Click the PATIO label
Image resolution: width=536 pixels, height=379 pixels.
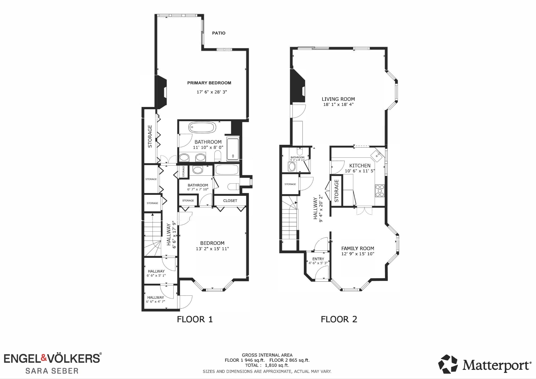219,33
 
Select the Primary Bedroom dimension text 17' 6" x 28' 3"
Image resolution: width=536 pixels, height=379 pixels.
212,92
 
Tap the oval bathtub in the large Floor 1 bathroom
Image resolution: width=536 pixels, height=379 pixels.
202,128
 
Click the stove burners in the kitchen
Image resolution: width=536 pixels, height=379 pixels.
380,191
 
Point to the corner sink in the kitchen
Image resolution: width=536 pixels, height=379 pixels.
377,155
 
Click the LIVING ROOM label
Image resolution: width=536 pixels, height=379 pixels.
338,99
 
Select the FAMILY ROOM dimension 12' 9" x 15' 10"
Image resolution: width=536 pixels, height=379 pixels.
358,254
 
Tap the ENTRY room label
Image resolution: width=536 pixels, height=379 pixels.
318,259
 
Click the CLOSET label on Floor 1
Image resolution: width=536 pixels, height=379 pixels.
230,201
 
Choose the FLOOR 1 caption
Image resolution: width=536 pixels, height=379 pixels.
195,319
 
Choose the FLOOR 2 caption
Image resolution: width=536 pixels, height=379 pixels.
339,319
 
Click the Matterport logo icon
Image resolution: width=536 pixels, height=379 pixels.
448,364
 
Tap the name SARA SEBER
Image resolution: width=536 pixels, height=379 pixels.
52,371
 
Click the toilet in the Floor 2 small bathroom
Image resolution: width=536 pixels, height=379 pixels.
299,151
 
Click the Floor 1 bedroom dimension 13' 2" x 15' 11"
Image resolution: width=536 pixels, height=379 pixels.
212,249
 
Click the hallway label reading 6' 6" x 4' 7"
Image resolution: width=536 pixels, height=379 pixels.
156,302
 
